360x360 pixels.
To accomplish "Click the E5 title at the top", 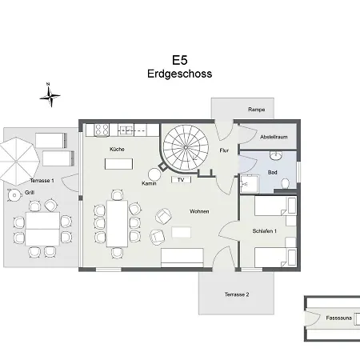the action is (180, 60).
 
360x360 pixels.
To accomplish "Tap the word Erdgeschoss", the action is (179, 74).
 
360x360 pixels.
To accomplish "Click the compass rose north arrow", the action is (50, 95).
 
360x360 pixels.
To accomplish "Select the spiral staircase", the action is (186, 147).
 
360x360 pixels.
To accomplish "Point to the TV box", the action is (181, 180).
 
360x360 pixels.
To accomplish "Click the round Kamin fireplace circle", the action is (154, 174).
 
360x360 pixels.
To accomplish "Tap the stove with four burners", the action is (102, 130).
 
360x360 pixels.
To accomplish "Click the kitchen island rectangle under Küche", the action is (118, 164).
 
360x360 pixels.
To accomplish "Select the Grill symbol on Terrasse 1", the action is (14, 195).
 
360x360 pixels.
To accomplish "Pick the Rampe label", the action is (256, 110).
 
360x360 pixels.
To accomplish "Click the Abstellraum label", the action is (274, 137).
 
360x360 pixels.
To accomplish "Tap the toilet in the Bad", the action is (286, 183).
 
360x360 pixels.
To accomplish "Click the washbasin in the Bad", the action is (276, 155).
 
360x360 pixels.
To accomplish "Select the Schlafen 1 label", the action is (265, 231).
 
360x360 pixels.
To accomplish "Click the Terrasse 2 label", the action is (237, 294).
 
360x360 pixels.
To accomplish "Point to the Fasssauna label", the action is (338, 318).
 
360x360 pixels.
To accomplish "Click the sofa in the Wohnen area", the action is (182, 258).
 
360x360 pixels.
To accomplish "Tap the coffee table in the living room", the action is (182, 232).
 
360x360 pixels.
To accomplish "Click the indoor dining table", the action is (117, 223).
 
